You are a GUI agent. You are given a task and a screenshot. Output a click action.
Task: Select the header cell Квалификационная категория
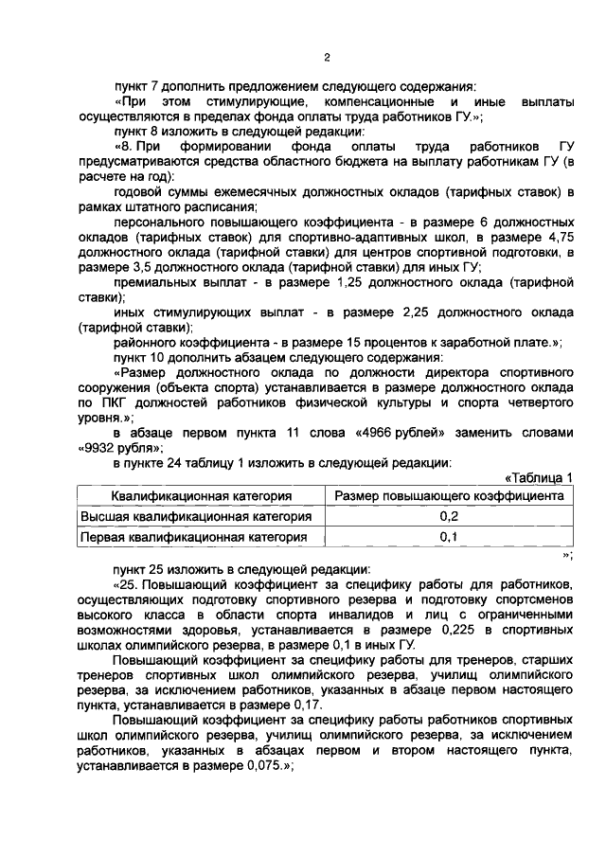point(200,495)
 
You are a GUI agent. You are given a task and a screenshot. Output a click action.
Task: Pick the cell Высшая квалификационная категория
point(196,516)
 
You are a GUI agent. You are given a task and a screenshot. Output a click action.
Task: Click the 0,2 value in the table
point(449,516)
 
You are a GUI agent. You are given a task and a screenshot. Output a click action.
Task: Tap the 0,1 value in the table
point(449,537)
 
